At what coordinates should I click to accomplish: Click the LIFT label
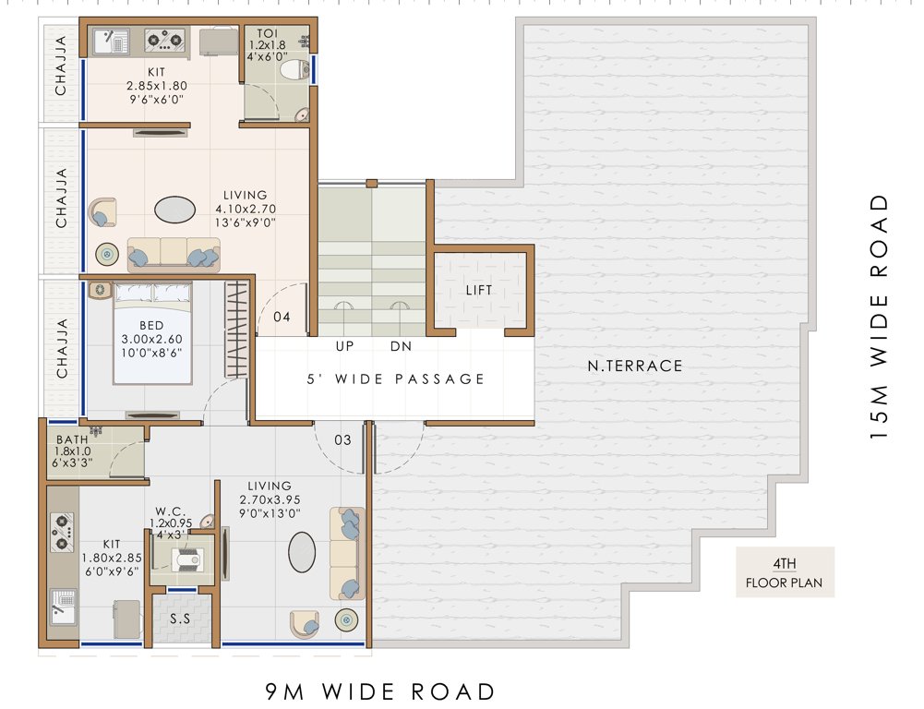(x=479, y=290)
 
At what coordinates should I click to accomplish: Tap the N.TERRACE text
(x=635, y=366)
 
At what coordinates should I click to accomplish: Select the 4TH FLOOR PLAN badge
(x=785, y=572)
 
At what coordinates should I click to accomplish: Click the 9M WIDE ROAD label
(x=380, y=691)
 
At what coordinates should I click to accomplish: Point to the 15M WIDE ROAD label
(x=881, y=317)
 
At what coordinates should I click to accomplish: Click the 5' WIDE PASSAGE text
(x=396, y=379)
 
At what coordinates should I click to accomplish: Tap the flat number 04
(x=282, y=317)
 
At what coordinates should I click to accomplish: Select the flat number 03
(x=342, y=440)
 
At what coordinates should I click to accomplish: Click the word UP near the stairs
(x=345, y=346)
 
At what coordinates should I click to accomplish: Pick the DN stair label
(x=401, y=346)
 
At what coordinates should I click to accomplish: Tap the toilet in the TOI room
(x=294, y=69)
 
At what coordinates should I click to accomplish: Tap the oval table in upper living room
(x=174, y=210)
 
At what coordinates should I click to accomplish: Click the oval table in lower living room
(x=302, y=553)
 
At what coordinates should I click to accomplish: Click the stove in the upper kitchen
(x=166, y=41)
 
